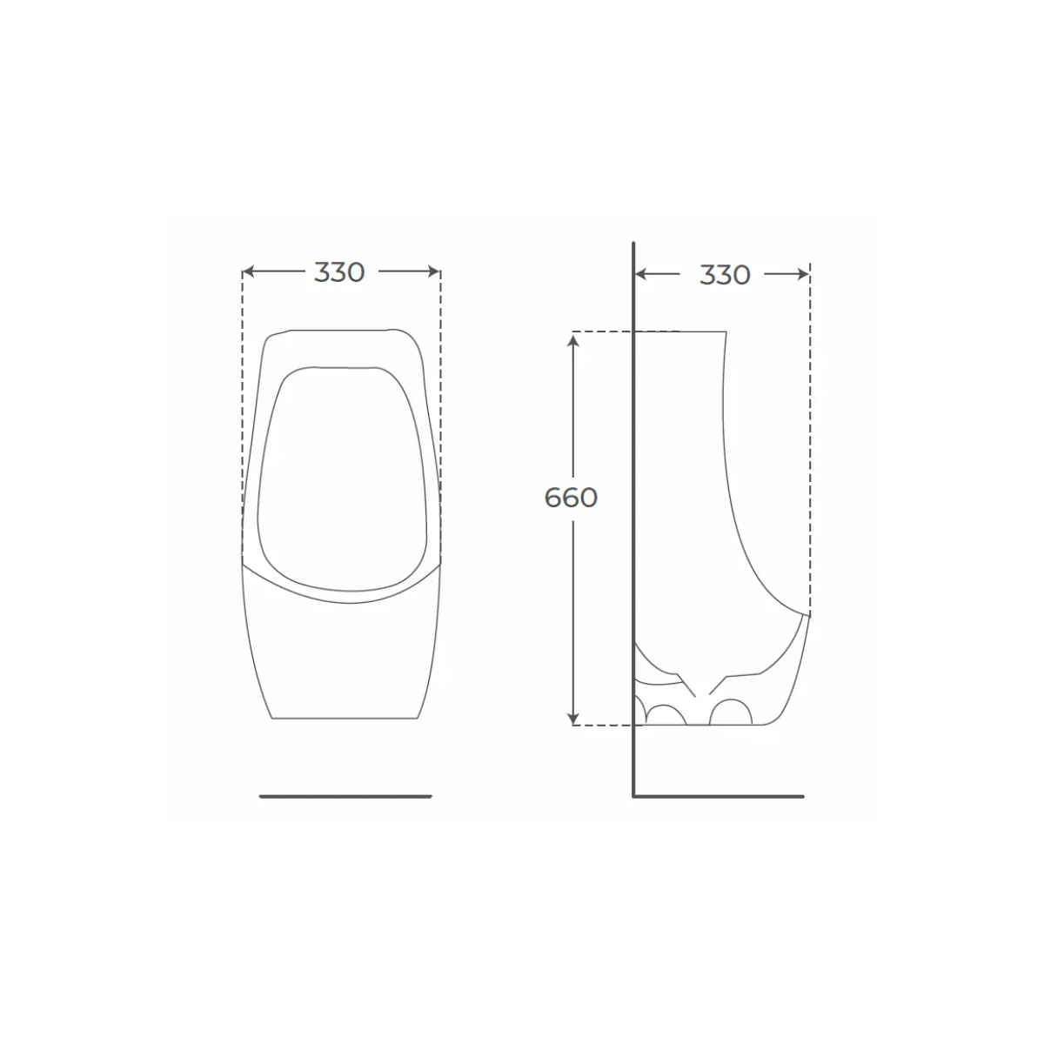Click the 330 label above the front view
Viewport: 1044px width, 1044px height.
pyautogui.click(x=339, y=272)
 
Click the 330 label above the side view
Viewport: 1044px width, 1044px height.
pyautogui.click(x=725, y=275)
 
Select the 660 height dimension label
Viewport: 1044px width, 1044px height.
pyautogui.click(x=571, y=498)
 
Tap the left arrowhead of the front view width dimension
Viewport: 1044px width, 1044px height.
pyautogui.click(x=248, y=271)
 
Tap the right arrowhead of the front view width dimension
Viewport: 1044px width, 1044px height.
pyautogui.click(x=434, y=271)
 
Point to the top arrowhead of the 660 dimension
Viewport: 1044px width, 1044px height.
pyautogui.click(x=573, y=341)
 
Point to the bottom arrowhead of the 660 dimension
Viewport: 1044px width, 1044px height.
pyautogui.click(x=573, y=719)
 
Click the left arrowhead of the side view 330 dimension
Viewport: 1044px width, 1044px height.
pyautogui.click(x=640, y=274)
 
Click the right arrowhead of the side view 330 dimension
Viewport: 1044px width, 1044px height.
pyautogui.click(x=804, y=274)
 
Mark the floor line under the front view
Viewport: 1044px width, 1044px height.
pyautogui.click(x=345, y=796)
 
